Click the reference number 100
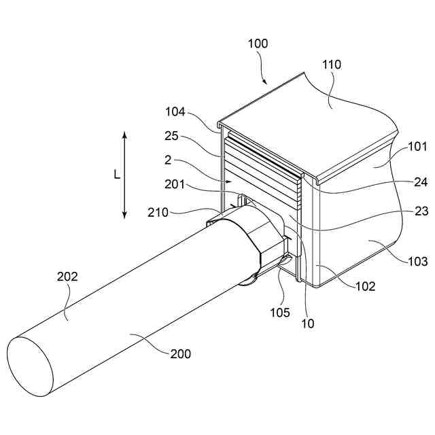[258, 43]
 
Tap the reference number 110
[333, 65]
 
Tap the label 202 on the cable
[68, 277]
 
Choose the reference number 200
[181, 353]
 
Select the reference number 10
[308, 324]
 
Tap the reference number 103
[417, 261]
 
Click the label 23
[421, 211]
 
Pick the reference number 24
[421, 181]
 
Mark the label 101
[417, 145]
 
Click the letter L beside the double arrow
[116, 175]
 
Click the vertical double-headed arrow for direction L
[125, 175]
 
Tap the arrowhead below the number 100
[266, 83]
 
